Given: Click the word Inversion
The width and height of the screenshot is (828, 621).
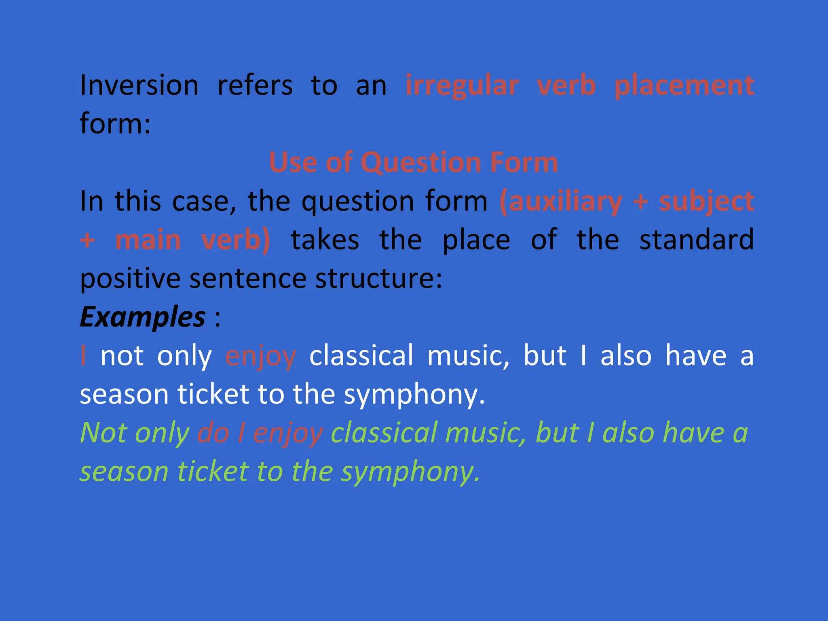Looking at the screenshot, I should point(139,85).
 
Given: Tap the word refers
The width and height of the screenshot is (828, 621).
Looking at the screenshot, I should point(255,85).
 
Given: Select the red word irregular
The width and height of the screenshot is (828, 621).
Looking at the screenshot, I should point(462,86).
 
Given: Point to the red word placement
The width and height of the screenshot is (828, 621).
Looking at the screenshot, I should point(684,86).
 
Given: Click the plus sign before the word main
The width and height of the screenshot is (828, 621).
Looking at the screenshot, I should point(87,240).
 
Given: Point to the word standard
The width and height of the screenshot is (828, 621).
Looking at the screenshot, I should point(697,240).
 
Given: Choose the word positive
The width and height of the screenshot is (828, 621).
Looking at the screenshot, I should point(130,279).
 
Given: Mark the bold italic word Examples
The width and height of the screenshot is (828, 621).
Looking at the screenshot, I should point(142,317).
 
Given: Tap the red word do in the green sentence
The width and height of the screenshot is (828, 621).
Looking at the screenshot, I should point(213,433).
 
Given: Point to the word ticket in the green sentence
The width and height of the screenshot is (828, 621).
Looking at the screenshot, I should point(213,471).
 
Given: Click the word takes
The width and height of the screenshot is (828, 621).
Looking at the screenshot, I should point(325,240).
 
